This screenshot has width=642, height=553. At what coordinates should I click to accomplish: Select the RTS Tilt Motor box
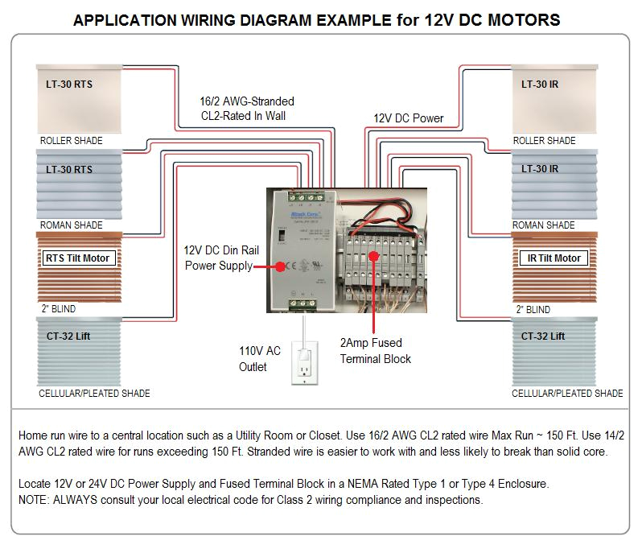coord(76,258)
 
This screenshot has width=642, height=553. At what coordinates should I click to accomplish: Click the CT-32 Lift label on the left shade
coord(68,336)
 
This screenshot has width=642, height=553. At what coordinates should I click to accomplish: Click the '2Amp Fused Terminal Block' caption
coord(376,351)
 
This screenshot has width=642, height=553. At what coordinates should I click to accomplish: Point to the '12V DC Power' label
coord(408,118)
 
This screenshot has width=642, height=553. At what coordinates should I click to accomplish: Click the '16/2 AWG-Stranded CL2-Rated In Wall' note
coord(246,109)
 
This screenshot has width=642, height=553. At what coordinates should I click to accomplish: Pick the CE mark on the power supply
coord(281,267)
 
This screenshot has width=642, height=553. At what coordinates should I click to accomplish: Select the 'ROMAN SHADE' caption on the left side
coord(71,225)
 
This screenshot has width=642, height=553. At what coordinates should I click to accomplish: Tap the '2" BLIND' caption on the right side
coord(533,309)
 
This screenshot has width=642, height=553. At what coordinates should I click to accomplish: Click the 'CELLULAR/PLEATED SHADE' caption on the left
coord(94,394)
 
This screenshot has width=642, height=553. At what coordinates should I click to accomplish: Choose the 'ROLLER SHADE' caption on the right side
coord(545,141)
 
